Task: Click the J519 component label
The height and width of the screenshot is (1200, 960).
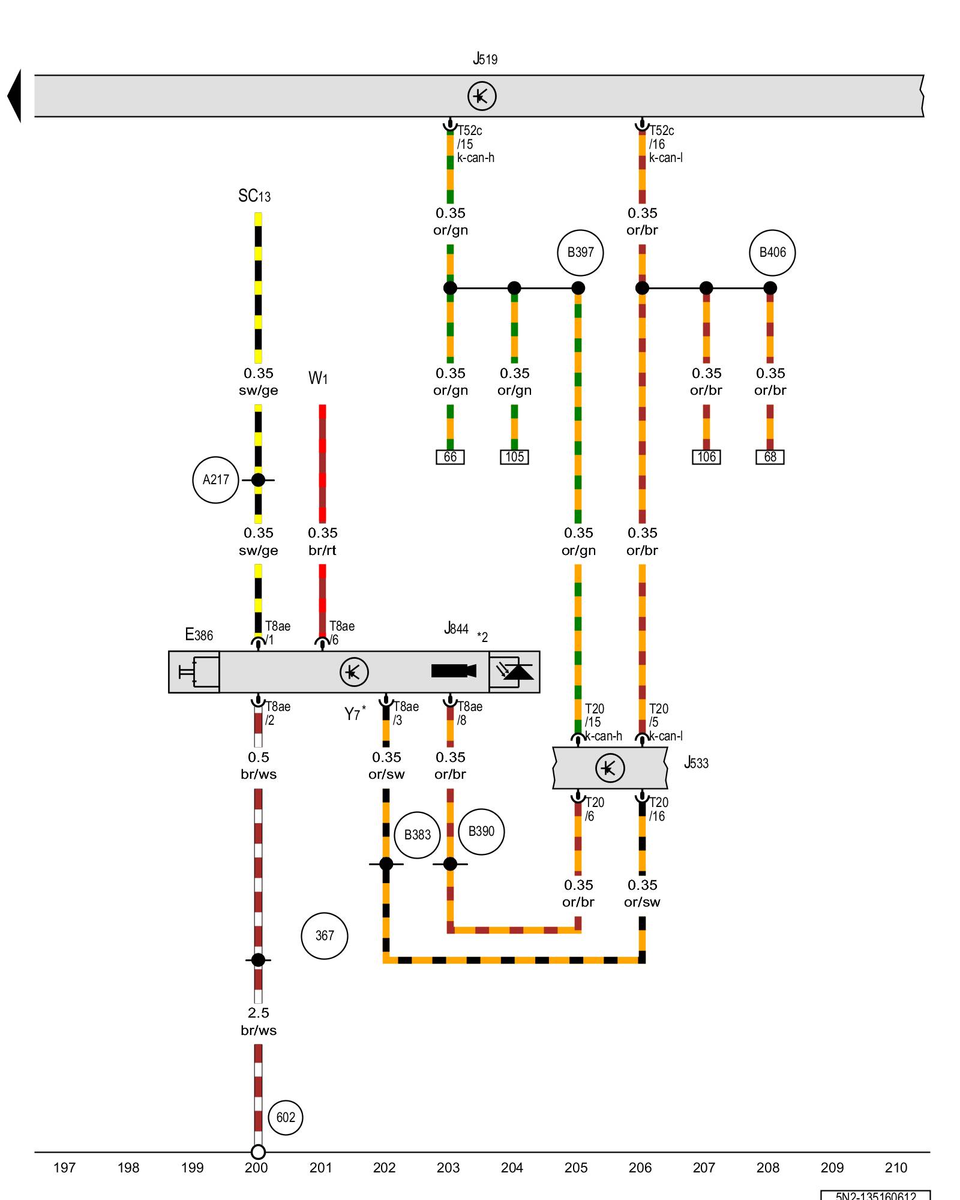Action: coord(485,59)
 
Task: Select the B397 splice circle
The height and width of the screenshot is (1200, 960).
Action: coord(580,253)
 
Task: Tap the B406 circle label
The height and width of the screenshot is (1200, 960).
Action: coord(772,253)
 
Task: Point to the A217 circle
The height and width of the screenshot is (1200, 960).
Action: coord(215,480)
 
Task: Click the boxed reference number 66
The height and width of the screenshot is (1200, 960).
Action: coord(450,457)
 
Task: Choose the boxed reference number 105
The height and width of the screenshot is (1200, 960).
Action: coord(514,457)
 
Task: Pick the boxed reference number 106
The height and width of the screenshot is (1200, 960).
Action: coord(706,457)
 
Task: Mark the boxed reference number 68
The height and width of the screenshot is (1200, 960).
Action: coord(770,457)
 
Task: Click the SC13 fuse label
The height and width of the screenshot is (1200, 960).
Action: coord(254,196)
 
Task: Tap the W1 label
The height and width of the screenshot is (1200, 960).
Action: coord(318,379)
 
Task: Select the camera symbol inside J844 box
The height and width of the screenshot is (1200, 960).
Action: coord(454,671)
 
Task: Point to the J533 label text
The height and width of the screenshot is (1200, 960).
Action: coord(696,763)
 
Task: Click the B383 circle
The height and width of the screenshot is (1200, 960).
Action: coord(418,835)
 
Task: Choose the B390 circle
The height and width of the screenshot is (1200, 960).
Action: coord(481,832)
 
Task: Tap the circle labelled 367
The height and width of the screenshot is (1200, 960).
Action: coord(325,936)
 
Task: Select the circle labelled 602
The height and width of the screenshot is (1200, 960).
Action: coord(286,1118)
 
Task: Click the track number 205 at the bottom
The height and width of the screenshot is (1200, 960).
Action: coord(576,1168)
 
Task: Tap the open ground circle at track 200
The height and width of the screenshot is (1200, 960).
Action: coord(258,1152)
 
